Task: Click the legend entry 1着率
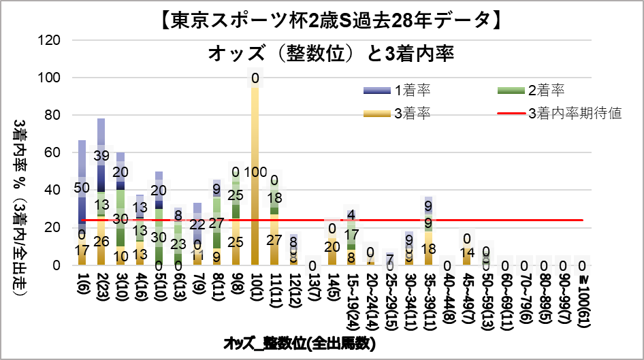[415, 89]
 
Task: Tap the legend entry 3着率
[415, 112]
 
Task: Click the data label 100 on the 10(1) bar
[255, 172]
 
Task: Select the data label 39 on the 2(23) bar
[101, 156]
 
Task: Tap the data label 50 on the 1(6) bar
[82, 188]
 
